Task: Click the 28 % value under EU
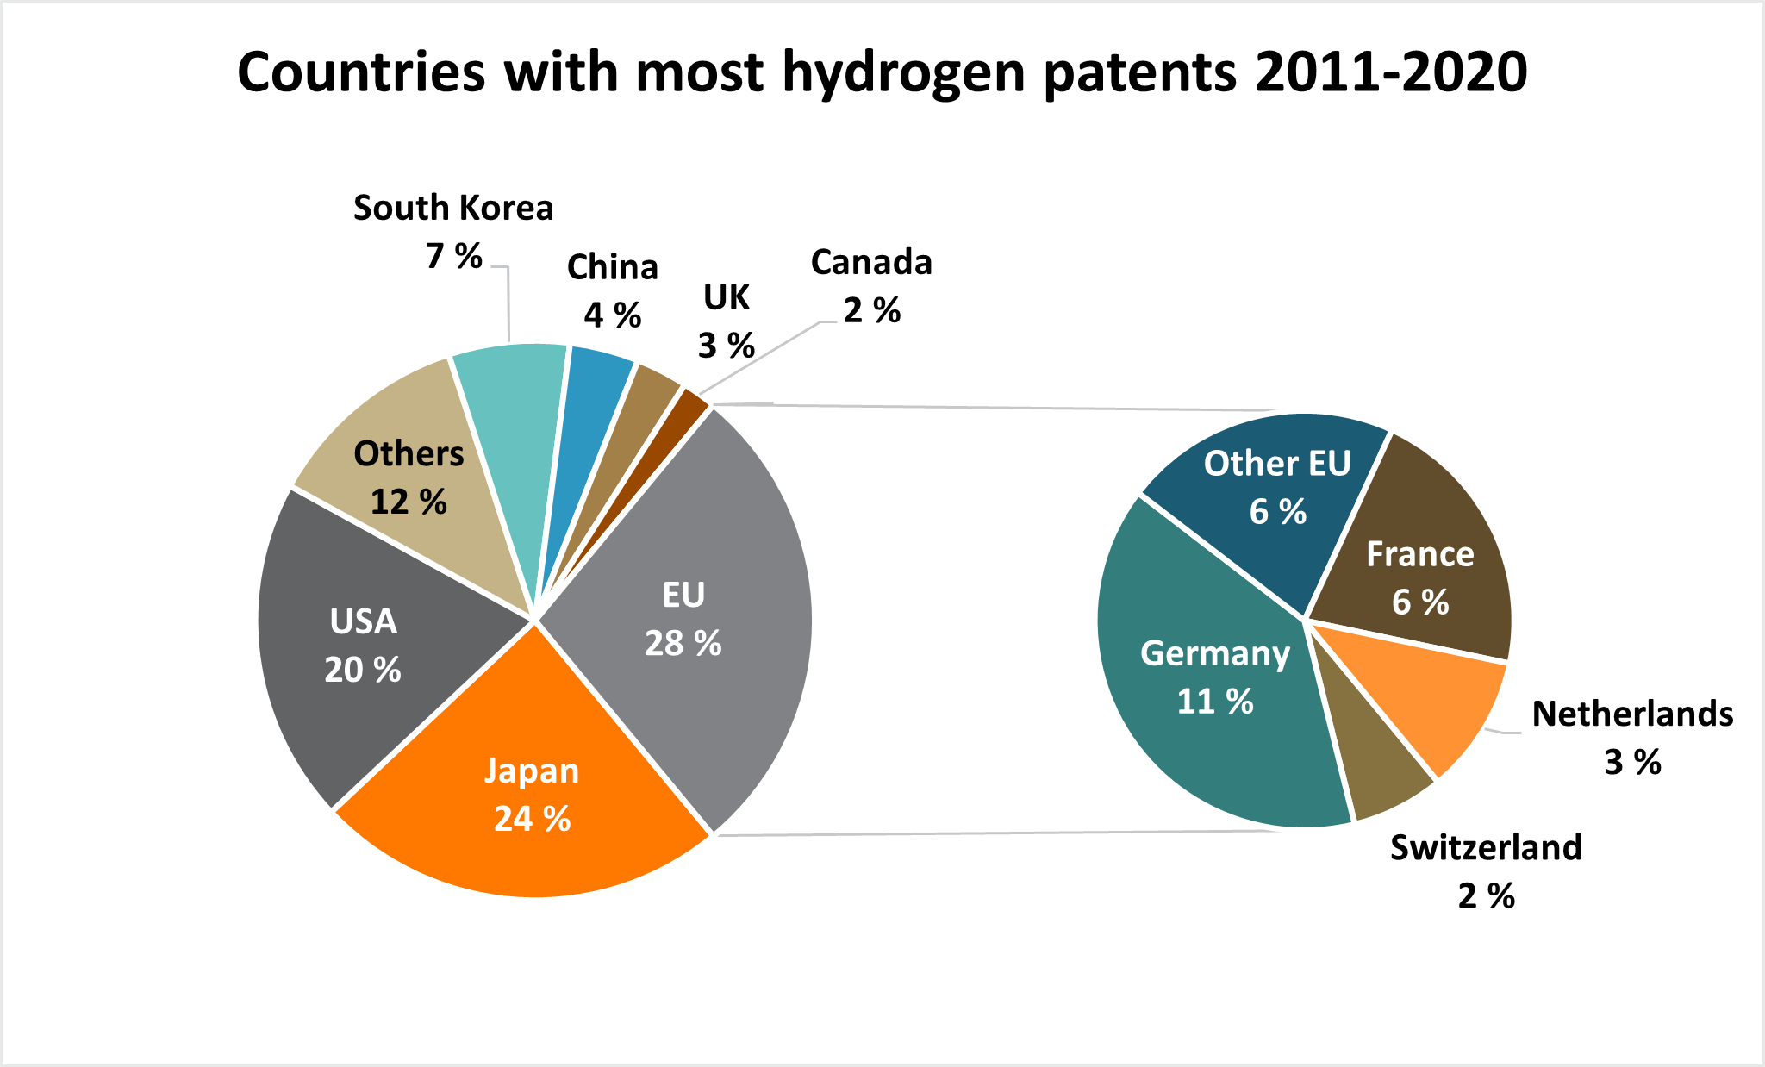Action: click(x=683, y=644)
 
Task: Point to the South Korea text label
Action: click(x=453, y=209)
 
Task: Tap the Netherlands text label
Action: click(x=1632, y=714)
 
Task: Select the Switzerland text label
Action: click(x=1486, y=848)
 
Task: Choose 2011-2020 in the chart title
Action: click(x=1391, y=72)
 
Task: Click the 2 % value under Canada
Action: click(x=871, y=311)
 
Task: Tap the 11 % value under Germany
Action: click(x=1215, y=702)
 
